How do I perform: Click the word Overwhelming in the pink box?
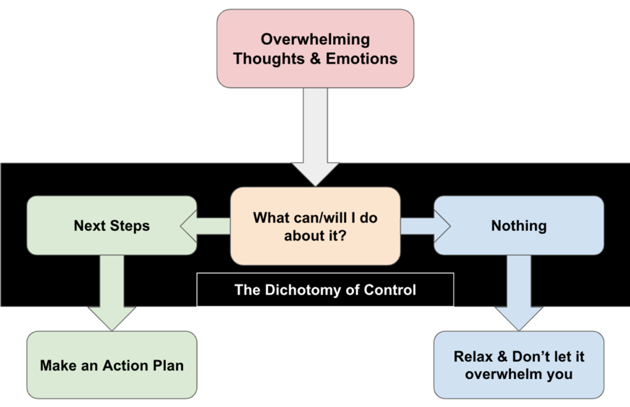315,40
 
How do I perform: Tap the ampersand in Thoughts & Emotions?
315,59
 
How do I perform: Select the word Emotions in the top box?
362,59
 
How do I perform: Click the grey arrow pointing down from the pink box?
315,137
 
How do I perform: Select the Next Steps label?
112,226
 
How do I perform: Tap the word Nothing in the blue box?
519,226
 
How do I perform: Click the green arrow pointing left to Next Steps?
205,226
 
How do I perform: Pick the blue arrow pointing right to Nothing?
426,226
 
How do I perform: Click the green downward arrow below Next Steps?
112,293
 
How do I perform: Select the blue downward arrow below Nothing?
519,293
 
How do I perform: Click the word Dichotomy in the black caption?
303,290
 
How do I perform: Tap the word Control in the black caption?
389,290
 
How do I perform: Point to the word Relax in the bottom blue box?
473,357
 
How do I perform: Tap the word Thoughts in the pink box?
269,59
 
